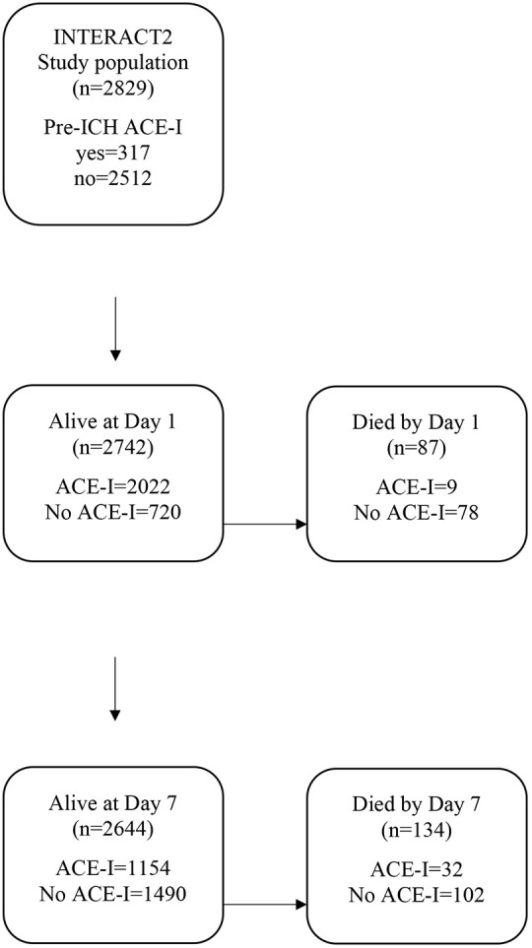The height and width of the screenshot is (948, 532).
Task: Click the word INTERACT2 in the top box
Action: tap(113, 38)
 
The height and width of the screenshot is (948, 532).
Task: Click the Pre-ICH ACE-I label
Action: tap(113, 128)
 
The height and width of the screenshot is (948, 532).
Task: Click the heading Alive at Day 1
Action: tap(112, 421)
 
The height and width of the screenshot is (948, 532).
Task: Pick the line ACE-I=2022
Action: tap(113, 488)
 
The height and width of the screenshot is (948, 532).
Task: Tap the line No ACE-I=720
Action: tap(112, 513)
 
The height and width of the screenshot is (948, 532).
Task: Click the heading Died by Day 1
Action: tap(416, 422)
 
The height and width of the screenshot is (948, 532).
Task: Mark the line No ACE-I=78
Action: tap(416, 513)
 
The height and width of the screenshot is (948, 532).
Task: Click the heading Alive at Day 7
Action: tap(112, 803)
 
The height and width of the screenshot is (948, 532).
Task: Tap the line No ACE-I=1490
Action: tap(113, 894)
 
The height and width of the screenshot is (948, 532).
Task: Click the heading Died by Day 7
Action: tap(416, 804)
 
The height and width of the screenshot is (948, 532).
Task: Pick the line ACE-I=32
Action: tap(416, 870)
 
